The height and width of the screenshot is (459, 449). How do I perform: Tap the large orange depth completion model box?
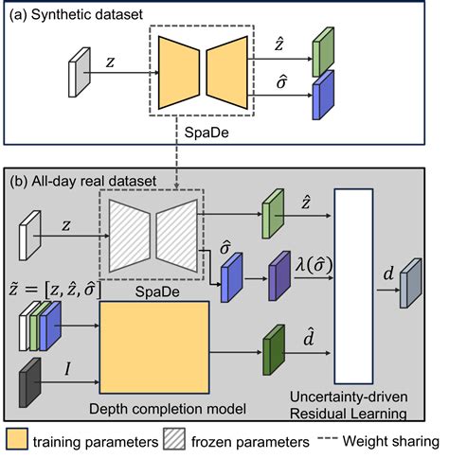(155, 347)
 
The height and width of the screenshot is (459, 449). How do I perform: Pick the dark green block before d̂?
(274, 344)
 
